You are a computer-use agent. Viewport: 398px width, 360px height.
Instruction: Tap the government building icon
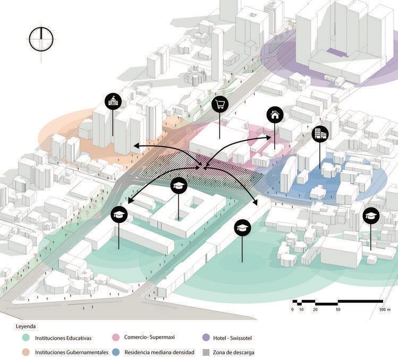click(x=113, y=101)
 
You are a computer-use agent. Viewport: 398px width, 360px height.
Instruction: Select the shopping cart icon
click(x=219, y=104)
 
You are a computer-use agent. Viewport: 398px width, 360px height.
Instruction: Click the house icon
click(x=275, y=114)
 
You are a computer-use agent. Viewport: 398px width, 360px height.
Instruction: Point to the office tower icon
click(x=320, y=134)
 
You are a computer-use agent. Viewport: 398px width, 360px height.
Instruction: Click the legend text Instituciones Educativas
click(x=64, y=338)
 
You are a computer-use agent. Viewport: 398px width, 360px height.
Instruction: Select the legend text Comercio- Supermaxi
click(x=154, y=337)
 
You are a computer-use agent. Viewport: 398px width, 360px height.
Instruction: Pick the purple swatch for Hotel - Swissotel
click(x=207, y=337)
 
